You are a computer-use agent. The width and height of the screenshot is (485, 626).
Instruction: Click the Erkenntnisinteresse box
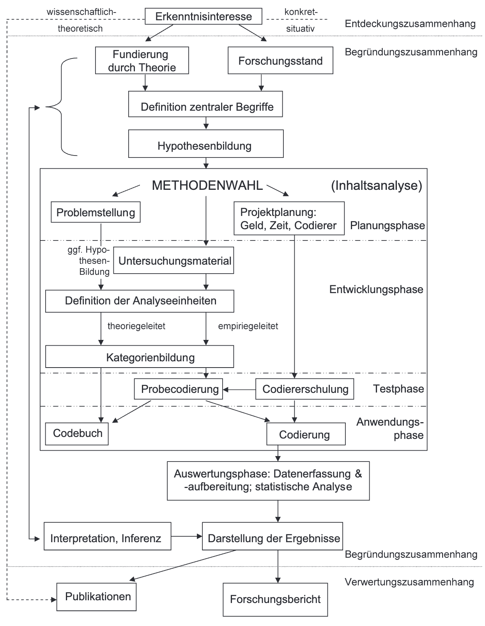203,16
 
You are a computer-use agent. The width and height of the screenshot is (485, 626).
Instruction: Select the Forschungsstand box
280,60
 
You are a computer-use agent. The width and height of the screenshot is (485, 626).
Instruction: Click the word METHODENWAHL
207,186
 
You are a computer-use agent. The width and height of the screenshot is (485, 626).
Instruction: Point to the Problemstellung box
96,212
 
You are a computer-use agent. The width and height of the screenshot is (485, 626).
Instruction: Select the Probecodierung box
179,389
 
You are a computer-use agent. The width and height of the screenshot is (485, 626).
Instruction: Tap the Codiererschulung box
304,389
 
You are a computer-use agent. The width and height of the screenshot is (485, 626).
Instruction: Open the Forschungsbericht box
275,599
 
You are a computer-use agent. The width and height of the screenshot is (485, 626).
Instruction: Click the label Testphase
398,389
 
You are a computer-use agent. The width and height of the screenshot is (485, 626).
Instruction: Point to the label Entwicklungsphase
376,289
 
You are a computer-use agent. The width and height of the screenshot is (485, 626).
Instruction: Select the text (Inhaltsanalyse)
376,186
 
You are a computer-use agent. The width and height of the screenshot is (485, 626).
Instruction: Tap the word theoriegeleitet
136,326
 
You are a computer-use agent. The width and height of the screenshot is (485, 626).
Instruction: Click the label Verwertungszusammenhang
409,582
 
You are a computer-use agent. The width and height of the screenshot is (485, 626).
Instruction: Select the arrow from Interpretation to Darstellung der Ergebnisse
186,537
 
